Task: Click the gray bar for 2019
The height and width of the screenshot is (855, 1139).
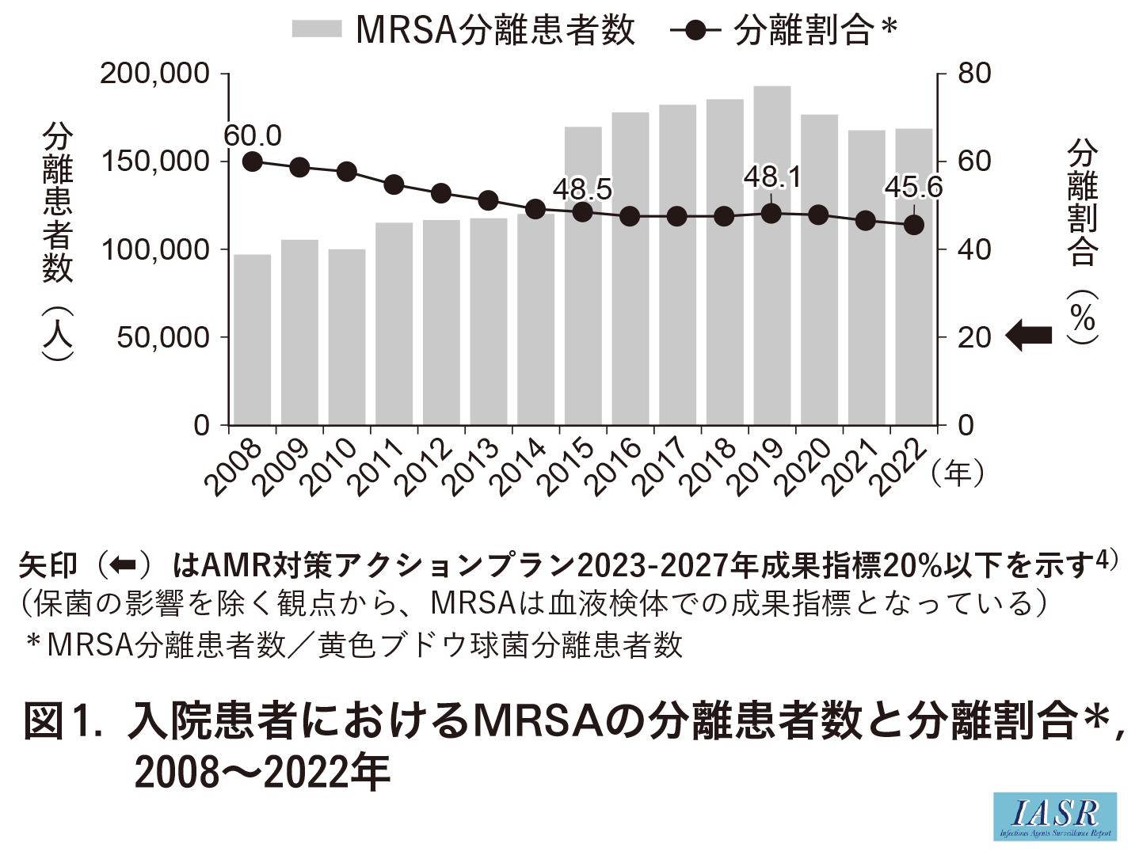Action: pyautogui.click(x=772, y=317)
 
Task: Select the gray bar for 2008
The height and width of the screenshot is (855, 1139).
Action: pyautogui.click(x=253, y=340)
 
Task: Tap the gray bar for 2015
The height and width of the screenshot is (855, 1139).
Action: pyautogui.click(x=583, y=317)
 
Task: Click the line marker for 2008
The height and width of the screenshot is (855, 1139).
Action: pyautogui.click(x=253, y=161)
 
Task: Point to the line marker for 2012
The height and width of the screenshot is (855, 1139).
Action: pyautogui.click(x=441, y=193)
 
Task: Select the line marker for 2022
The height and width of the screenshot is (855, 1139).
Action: pyautogui.click(x=914, y=225)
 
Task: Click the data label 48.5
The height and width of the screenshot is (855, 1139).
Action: pyautogui.click(x=582, y=190)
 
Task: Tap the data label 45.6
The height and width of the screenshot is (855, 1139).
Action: pyautogui.click(x=913, y=188)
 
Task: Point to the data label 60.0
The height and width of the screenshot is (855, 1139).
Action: pyautogui.click(x=253, y=136)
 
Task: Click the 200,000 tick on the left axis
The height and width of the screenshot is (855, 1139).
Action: pyautogui.click(x=154, y=74)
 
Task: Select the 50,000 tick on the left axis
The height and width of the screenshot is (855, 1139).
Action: pyautogui.click(x=163, y=338)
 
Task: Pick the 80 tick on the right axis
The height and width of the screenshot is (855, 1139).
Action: pyautogui.click(x=974, y=74)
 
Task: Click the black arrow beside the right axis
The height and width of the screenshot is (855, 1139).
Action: pyautogui.click(x=1029, y=336)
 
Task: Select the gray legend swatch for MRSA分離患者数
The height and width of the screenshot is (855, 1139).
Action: pyautogui.click(x=317, y=30)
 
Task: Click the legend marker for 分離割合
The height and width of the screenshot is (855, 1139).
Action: pyautogui.click(x=695, y=31)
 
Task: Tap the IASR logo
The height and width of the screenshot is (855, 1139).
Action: pyautogui.click(x=1055, y=816)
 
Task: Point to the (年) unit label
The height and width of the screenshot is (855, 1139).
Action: pyautogui.click(x=958, y=473)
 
